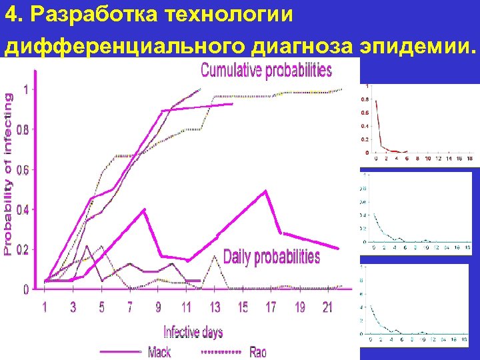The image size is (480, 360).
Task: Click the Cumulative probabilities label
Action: point(266,69)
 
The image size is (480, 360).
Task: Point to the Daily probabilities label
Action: point(271,257)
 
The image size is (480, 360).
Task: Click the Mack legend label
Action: point(159,351)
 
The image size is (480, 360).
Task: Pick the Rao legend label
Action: point(258,351)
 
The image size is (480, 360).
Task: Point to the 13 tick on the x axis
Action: point(215,307)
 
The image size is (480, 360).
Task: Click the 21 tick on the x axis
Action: point(327,307)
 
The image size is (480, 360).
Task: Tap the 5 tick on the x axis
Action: point(101,307)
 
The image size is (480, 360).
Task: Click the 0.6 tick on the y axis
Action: point(21,170)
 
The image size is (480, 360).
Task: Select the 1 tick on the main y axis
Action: point(25,89)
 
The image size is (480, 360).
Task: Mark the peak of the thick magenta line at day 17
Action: point(265,191)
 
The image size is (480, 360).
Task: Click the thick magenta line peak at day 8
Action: point(144,210)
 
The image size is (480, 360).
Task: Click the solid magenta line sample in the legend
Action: point(120,351)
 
